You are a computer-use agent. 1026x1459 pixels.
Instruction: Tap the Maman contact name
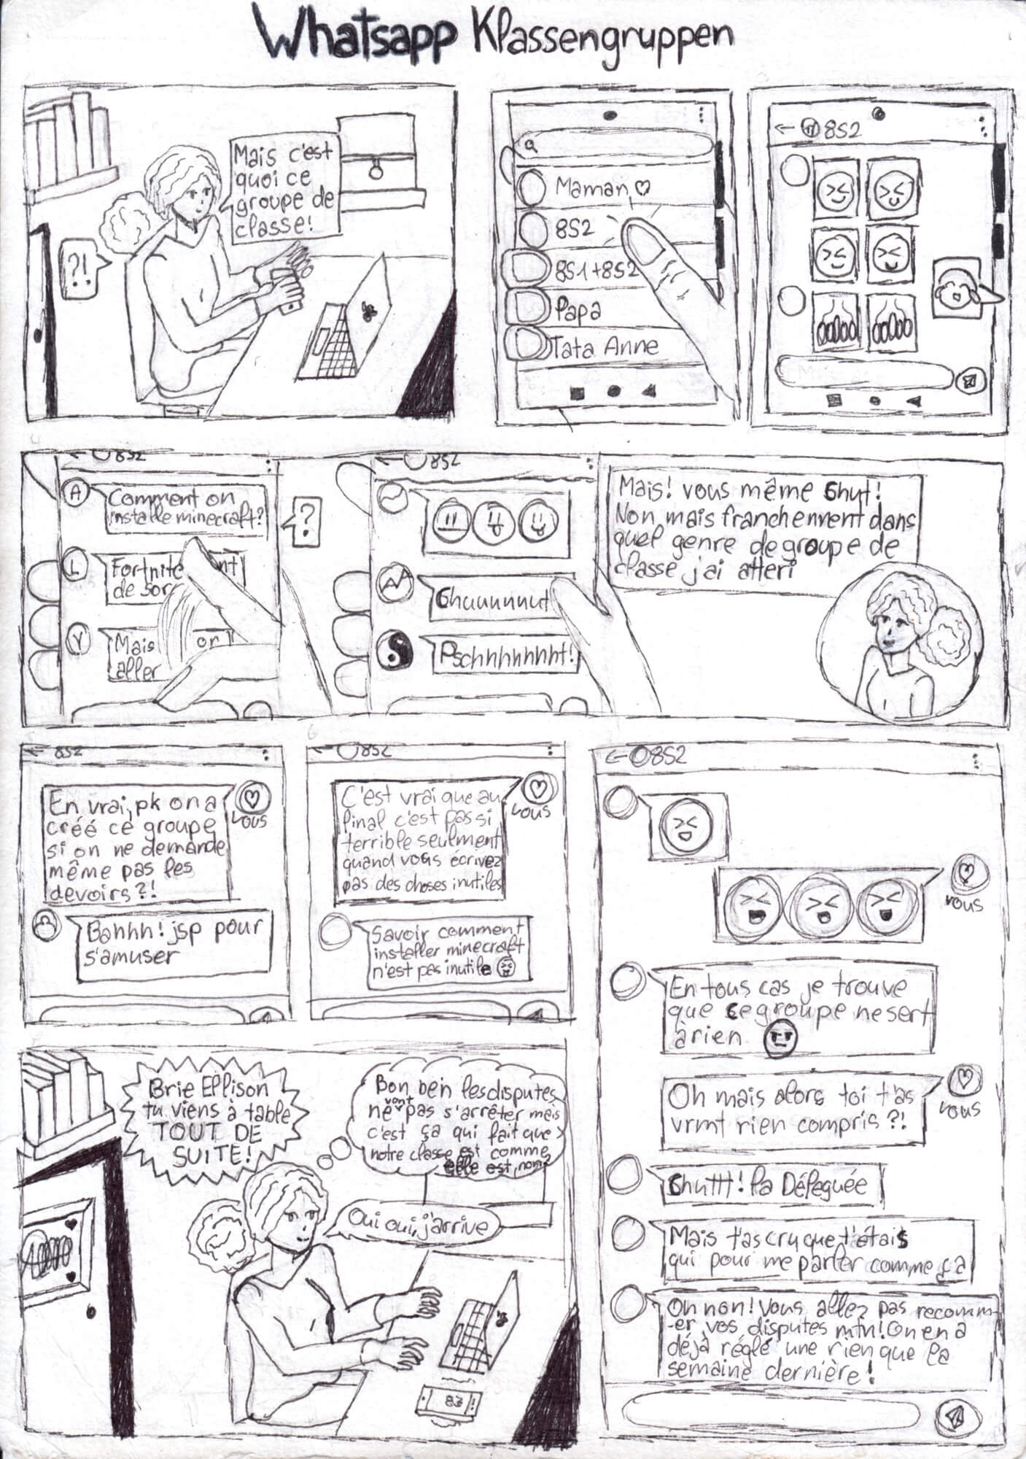point(591,187)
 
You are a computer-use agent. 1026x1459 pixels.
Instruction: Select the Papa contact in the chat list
point(577,309)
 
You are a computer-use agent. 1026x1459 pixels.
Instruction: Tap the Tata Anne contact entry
point(605,347)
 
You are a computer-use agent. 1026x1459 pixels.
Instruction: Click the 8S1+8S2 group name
point(594,269)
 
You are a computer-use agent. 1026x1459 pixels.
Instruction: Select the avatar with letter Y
point(77,639)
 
